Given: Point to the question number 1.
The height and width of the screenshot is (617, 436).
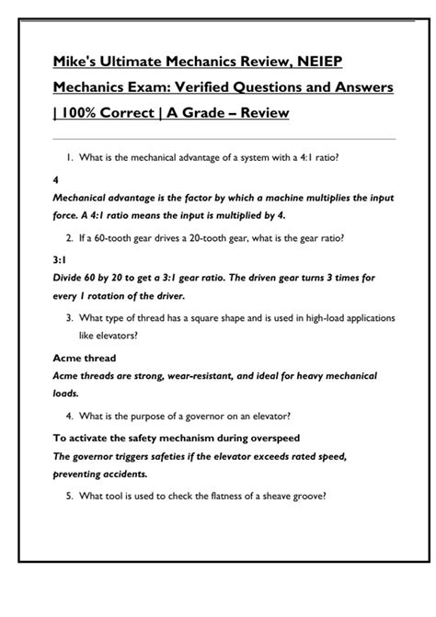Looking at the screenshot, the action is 70,157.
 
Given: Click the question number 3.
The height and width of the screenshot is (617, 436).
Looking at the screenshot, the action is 70,317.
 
